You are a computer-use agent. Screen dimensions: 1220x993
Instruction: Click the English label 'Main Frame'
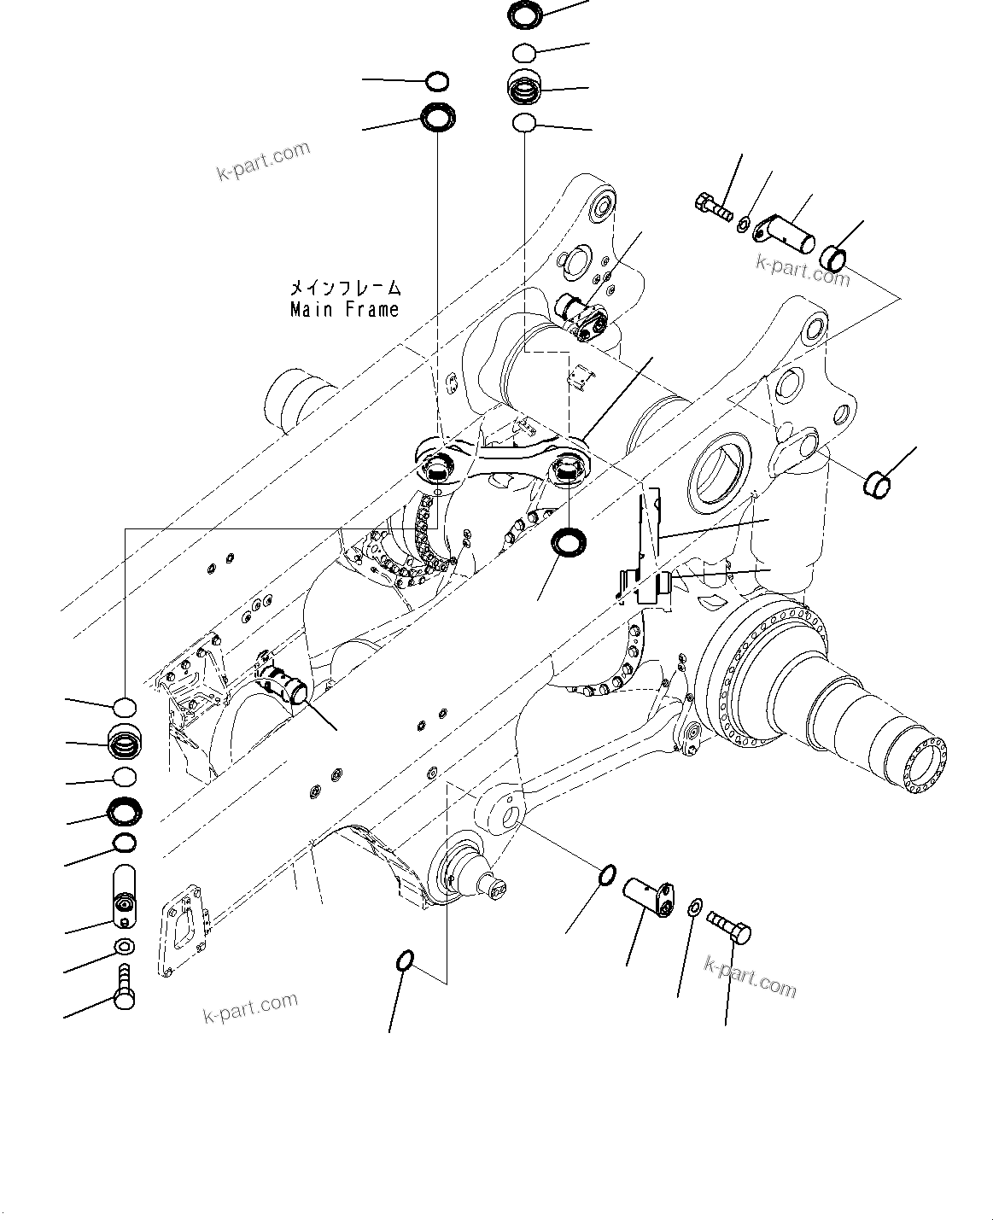(344, 310)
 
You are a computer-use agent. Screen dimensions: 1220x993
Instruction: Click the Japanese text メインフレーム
(345, 289)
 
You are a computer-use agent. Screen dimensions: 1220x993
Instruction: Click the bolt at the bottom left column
(125, 989)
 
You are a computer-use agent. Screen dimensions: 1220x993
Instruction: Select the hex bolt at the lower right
(728, 926)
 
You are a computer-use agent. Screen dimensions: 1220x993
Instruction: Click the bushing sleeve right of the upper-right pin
(834, 257)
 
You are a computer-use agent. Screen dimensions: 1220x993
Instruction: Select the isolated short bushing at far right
(877, 483)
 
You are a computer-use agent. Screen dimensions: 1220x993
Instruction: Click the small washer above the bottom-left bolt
(125, 946)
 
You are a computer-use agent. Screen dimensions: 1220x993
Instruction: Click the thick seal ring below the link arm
(567, 542)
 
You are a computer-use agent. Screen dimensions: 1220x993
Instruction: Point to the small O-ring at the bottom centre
(406, 961)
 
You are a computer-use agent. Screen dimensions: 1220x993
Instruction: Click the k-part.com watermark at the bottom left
(250, 1008)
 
